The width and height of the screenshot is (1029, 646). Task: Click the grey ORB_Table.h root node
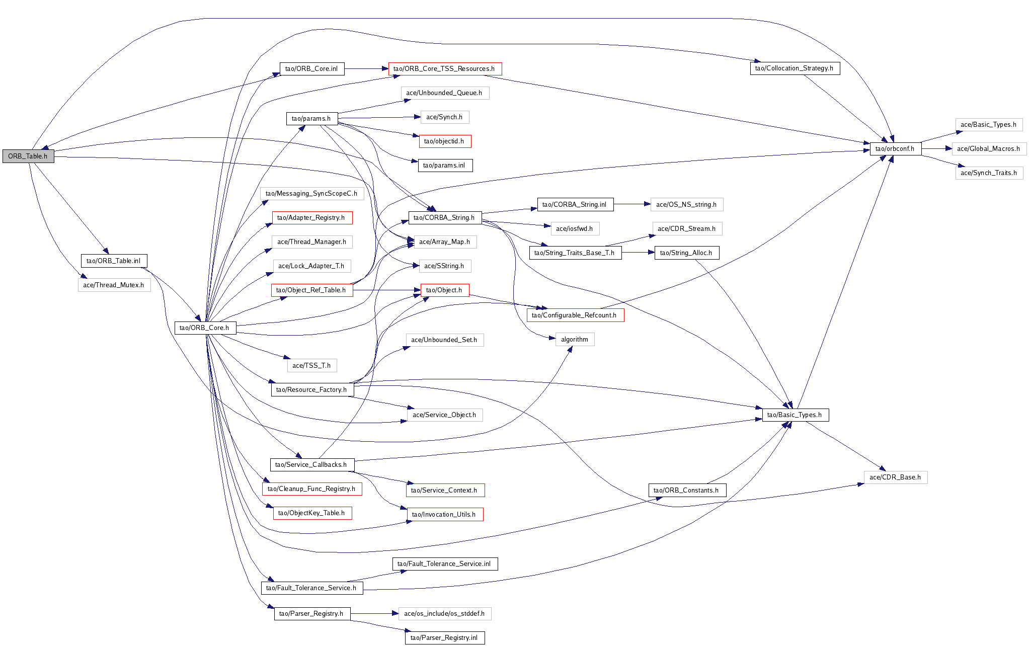pos(28,156)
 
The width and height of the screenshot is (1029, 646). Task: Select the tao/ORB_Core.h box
pos(204,328)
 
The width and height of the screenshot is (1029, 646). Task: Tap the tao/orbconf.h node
pos(895,148)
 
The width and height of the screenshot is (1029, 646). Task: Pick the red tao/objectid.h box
pos(444,141)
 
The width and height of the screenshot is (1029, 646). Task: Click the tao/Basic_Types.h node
pos(795,415)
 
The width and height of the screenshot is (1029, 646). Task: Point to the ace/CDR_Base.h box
pos(895,477)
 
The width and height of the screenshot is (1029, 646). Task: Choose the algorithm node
pos(574,339)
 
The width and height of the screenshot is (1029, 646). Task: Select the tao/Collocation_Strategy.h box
pos(794,68)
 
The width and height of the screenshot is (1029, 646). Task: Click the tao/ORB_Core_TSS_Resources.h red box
pos(444,68)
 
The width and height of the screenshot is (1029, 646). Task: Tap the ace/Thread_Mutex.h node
pos(114,285)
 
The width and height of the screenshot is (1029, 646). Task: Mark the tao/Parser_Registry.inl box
pos(444,637)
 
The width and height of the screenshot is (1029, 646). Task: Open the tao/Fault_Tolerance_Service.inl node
pos(444,563)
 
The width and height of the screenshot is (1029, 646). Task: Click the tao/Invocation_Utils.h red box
pos(444,514)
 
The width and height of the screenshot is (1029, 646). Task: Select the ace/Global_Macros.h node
pos(988,148)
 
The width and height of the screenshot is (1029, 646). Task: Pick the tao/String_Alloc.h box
pos(686,253)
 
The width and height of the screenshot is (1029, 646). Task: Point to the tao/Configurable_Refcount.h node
pos(574,315)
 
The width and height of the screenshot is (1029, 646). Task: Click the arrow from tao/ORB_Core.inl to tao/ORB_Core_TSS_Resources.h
pos(366,68)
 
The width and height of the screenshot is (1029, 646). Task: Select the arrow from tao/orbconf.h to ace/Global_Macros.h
pos(936,148)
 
